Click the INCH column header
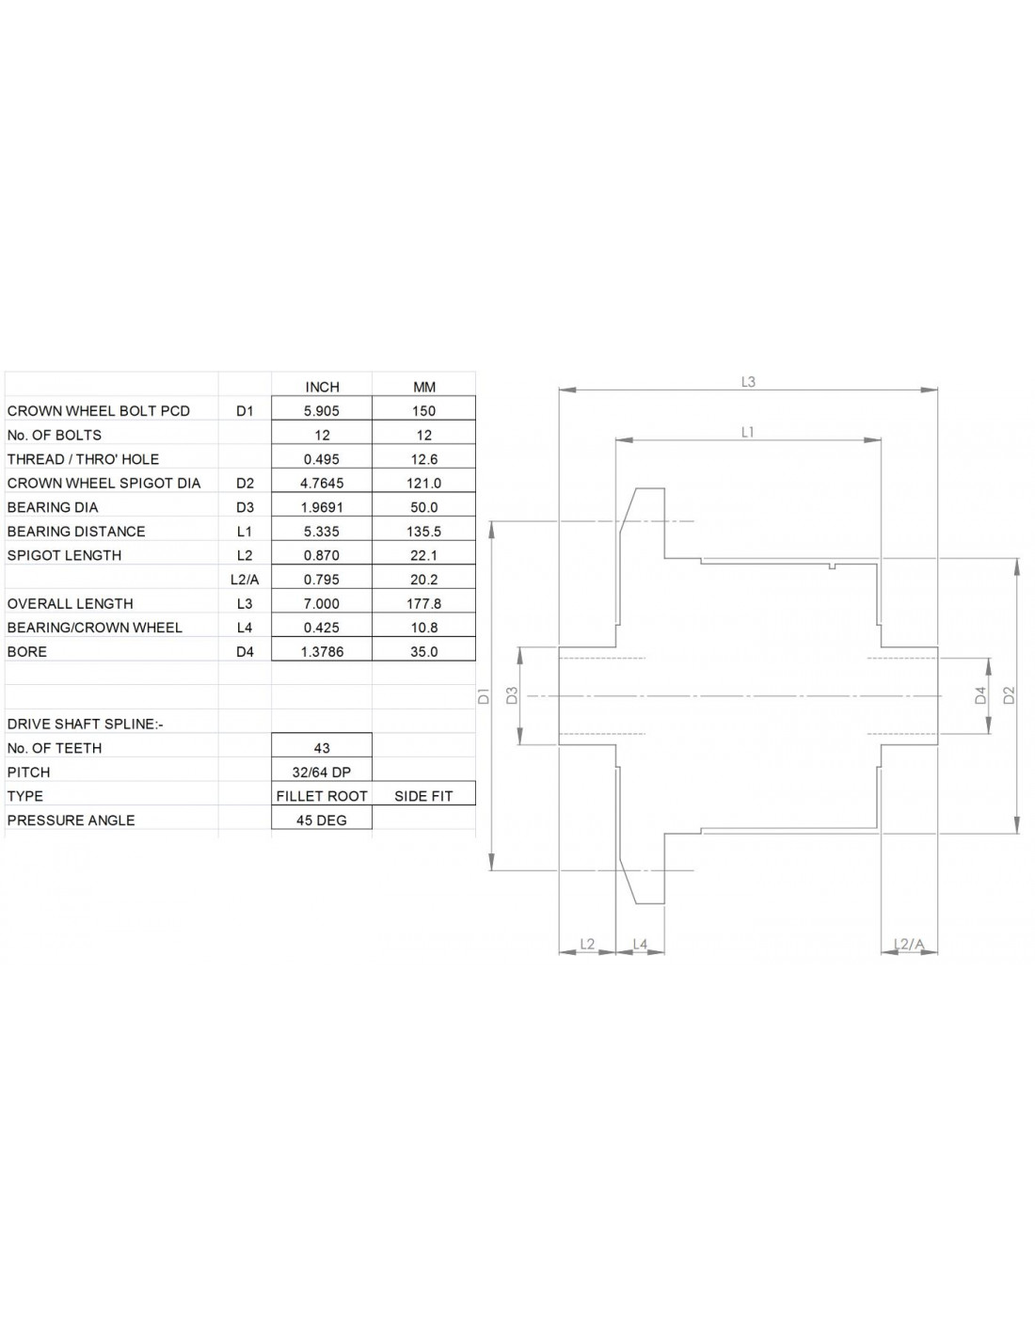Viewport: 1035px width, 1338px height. point(322,387)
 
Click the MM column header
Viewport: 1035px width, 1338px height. point(424,387)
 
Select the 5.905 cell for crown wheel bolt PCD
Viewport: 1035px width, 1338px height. point(322,411)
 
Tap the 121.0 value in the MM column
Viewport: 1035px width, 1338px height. point(424,483)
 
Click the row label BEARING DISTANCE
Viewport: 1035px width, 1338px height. point(76,532)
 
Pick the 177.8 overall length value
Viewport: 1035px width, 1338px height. point(424,603)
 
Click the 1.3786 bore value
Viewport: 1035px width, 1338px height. point(322,651)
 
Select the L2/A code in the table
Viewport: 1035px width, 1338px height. point(245,580)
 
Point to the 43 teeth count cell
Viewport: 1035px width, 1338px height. point(322,748)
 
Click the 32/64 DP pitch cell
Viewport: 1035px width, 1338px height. point(322,772)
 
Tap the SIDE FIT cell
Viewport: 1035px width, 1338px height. point(423,796)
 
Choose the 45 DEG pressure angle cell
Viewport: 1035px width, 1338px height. point(322,820)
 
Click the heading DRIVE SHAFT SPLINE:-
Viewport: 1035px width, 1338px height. point(86,724)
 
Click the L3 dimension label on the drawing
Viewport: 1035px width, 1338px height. point(748,382)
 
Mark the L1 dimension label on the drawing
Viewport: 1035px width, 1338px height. point(748,432)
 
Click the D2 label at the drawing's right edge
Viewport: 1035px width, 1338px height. point(1010,695)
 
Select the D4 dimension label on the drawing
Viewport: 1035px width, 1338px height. point(981,695)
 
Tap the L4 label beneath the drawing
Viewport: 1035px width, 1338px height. point(640,944)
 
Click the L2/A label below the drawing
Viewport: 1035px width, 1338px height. point(909,944)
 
